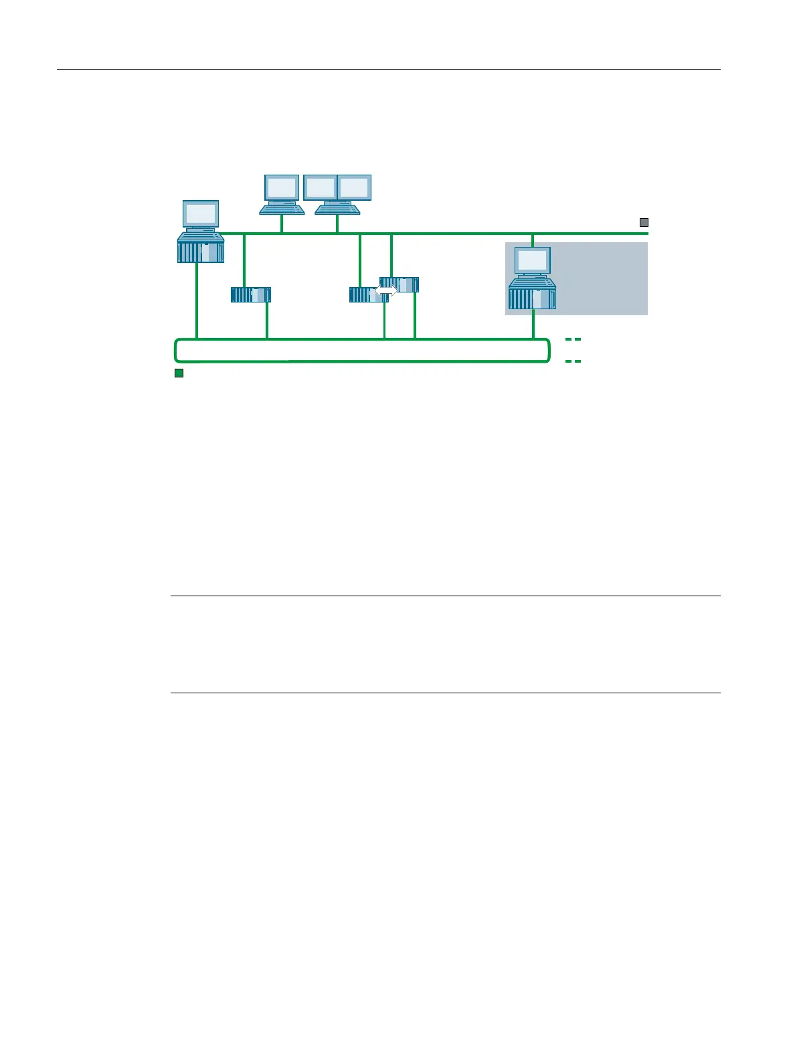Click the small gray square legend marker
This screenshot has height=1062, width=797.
tap(644, 222)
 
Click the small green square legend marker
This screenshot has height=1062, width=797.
tap(179, 373)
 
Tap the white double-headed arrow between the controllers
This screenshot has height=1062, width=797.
tap(386, 290)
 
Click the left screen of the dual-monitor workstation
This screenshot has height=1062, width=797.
tap(321, 187)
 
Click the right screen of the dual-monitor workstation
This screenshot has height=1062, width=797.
tap(354, 187)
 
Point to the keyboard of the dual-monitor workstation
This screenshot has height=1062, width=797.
tap(337, 209)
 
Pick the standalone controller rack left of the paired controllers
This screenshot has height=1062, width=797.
tap(251, 294)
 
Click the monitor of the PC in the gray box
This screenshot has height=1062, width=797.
tap(533, 260)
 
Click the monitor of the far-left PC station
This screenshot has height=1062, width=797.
tap(201, 213)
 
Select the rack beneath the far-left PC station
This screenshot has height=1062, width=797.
tap(201, 252)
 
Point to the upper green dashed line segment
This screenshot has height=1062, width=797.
tap(573, 339)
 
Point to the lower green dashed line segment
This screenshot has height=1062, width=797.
tap(573, 361)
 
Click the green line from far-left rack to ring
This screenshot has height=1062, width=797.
tap(197, 301)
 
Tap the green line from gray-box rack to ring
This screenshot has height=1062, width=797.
tap(533, 325)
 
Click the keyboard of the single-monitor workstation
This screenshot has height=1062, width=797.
tap(282, 209)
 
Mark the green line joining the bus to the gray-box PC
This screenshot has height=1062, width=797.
tap(532, 240)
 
